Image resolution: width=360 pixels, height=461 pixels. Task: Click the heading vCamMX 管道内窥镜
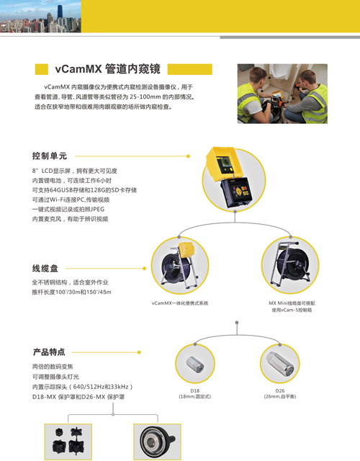click(107, 69)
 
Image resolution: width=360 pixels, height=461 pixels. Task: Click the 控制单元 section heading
click(50, 156)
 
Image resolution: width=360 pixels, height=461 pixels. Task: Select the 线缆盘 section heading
click(45, 269)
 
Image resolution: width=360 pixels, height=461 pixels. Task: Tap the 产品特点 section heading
click(49, 352)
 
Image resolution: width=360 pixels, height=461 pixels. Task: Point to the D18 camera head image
click(195, 364)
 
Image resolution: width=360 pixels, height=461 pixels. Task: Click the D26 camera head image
click(280, 364)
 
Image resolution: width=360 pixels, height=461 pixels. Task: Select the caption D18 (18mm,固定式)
click(195, 394)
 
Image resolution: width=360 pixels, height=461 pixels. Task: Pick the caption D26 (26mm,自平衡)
click(280, 394)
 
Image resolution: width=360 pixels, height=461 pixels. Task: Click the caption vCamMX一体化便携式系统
click(180, 303)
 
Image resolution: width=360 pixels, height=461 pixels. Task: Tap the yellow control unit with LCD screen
click(230, 177)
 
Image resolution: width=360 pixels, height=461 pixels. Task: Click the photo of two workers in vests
click(282, 94)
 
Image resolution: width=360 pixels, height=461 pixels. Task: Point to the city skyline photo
click(40, 16)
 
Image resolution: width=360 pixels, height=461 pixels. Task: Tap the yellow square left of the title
click(42, 69)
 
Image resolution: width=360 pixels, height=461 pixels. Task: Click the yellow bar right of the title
click(190, 69)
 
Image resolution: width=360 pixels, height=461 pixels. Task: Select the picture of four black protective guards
click(68, 442)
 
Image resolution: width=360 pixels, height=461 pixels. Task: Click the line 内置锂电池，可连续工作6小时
click(72, 181)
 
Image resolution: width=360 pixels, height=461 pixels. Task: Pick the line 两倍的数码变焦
click(53, 367)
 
